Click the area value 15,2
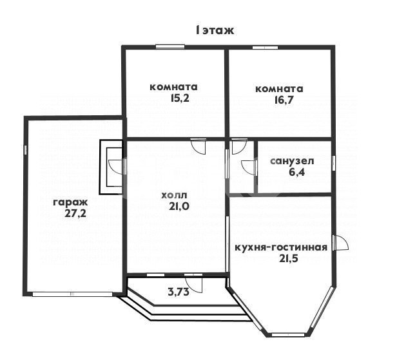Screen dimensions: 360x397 click(173, 99)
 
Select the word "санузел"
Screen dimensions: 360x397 click(291, 161)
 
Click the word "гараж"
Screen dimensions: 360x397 click(70, 202)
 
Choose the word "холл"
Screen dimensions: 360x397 click(174, 194)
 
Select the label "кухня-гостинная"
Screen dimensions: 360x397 click(281, 247)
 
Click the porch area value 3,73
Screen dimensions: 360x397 click(178, 292)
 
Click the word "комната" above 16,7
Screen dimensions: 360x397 click(279, 88)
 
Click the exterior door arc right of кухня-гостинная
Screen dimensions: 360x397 click(342, 243)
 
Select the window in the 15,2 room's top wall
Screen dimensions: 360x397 click(169, 46)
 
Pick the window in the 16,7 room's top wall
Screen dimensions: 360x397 click(261, 46)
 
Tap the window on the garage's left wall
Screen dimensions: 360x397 click(25, 149)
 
